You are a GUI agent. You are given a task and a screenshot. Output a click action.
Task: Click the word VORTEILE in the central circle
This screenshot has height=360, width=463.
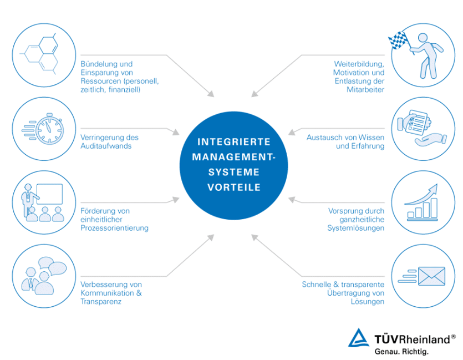coord(234,187)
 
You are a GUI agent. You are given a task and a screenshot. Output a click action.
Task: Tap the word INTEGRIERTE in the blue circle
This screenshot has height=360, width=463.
coord(234,142)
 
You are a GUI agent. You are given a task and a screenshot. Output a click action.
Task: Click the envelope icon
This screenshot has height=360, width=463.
coord(431,276)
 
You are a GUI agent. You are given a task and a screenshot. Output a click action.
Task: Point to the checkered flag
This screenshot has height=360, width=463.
coord(398,40)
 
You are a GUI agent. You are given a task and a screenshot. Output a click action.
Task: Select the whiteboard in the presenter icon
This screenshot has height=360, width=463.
coord(49,194)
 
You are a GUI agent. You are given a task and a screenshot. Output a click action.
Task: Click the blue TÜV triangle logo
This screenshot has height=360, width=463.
coord(359,338)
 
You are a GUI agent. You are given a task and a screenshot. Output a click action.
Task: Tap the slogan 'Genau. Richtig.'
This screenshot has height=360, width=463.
coord(401,352)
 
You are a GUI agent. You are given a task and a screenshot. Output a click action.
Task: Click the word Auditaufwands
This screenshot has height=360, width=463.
coord(106,146)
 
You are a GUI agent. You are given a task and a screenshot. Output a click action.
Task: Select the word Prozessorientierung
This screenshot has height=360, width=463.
coord(115,228)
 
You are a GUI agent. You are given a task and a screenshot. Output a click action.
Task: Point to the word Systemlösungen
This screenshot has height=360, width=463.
coord(356,228)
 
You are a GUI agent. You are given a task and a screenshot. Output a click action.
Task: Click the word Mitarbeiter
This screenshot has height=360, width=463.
coord(365,89)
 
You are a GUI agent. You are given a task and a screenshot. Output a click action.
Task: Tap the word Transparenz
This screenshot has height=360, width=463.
coord(101,302)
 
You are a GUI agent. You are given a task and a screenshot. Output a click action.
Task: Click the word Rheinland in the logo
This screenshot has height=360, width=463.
coord(425,339)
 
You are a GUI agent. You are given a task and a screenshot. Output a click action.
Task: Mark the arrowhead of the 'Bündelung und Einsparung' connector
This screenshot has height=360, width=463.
coord(211,94)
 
